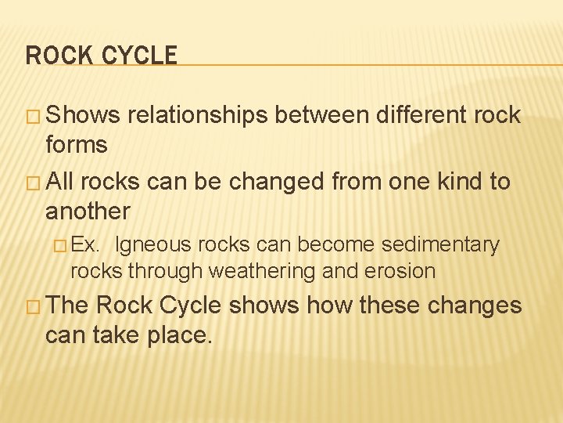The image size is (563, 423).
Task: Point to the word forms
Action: coord(77,144)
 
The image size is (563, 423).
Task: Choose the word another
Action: coord(88,211)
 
